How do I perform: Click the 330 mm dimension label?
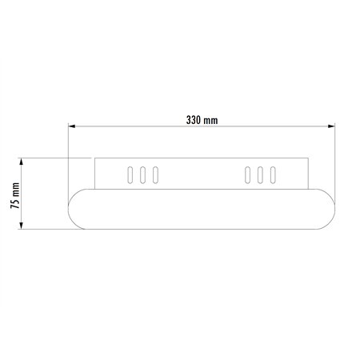pyautogui.click(x=202, y=120)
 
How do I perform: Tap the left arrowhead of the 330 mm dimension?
pyautogui.click(x=72, y=126)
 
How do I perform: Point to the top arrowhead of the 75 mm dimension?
pyautogui.click(x=25, y=160)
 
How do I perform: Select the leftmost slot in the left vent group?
pyautogui.click(x=128, y=174)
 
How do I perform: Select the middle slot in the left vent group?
pyautogui.click(x=142, y=174)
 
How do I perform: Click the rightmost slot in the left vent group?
pyautogui.click(x=155, y=174)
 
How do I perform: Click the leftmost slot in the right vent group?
pyautogui.click(x=247, y=174)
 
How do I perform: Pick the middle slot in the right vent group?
pyautogui.click(x=260, y=174)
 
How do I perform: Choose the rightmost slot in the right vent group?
pyautogui.click(x=273, y=174)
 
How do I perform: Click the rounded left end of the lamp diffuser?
pyautogui.click(x=76, y=209)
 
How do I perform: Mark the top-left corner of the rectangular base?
pyautogui.click(x=95, y=158)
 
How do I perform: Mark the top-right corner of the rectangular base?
pyautogui.click(x=306, y=158)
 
